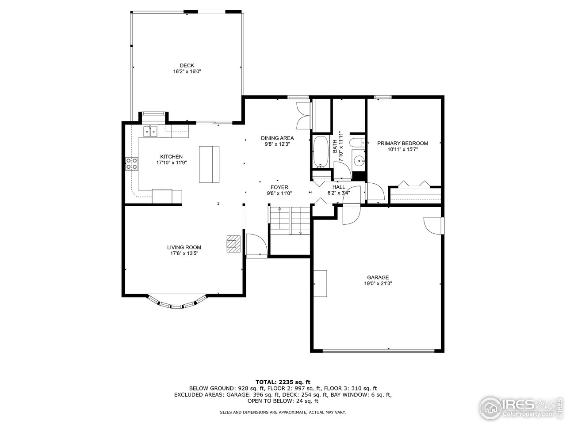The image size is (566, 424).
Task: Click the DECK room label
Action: pyautogui.click(x=187, y=65)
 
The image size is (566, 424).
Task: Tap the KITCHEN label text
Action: pyautogui.click(x=171, y=157)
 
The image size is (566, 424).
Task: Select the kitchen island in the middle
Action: pyautogui.click(x=209, y=164)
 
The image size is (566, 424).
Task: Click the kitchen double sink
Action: pyautogui.click(x=150, y=132)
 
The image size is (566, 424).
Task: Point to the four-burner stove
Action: pyautogui.click(x=131, y=164)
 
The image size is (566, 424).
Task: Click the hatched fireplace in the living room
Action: pyautogui.click(x=233, y=243)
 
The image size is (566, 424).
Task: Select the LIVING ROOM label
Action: pyautogui.click(x=184, y=247)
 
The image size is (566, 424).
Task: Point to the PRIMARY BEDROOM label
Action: pyautogui.click(x=402, y=143)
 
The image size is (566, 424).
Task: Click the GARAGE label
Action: pyautogui.click(x=377, y=277)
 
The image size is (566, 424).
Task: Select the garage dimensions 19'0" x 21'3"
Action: pyautogui.click(x=377, y=284)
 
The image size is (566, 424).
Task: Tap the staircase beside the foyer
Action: pyautogui.click(x=290, y=221)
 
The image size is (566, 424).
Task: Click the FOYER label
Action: pyautogui.click(x=279, y=187)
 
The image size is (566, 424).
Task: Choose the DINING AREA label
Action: pyautogui.click(x=277, y=138)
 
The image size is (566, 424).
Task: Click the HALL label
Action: pyautogui.click(x=339, y=187)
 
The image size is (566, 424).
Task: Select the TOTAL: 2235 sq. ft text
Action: pyautogui.click(x=283, y=382)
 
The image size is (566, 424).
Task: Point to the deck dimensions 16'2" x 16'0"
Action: pyautogui.click(x=187, y=72)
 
